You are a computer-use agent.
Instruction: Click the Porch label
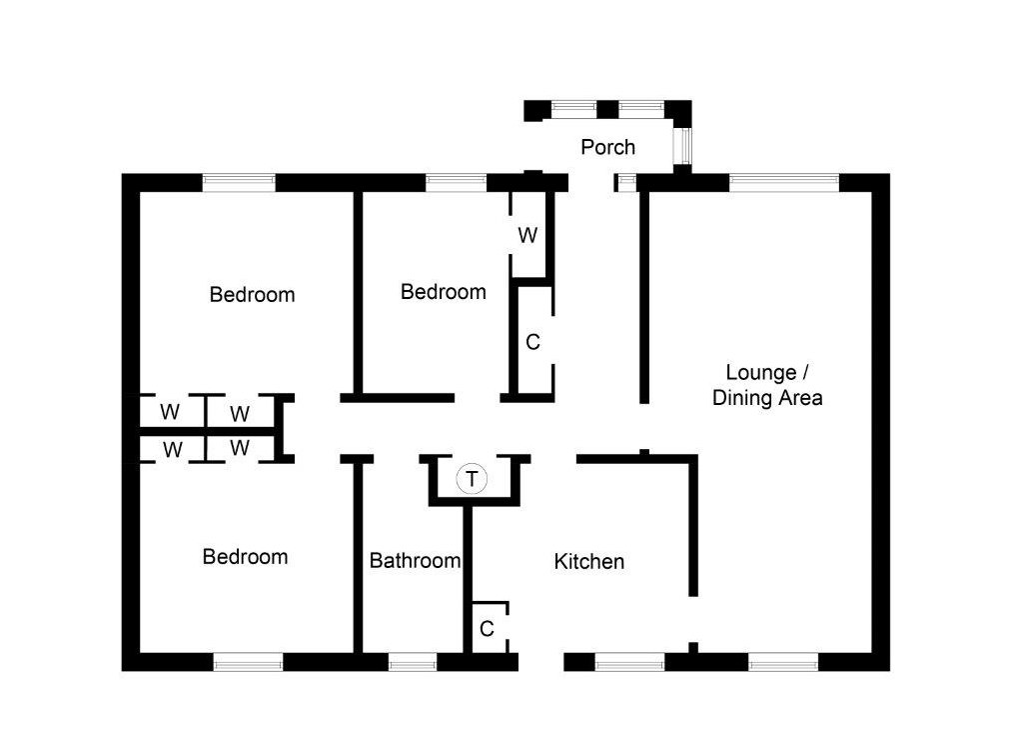click(x=607, y=147)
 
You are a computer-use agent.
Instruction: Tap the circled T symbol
click(x=472, y=480)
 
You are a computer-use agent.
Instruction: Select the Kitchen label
click(x=589, y=562)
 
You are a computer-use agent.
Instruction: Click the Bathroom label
click(x=415, y=561)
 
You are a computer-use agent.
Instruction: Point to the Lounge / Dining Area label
click(x=767, y=385)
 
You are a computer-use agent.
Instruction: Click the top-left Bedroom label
click(x=252, y=294)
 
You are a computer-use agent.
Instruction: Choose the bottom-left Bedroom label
click(x=245, y=557)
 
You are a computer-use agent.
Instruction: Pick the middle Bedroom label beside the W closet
click(x=443, y=292)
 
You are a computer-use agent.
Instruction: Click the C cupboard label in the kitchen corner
click(x=487, y=629)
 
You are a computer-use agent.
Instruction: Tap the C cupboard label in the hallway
click(x=532, y=342)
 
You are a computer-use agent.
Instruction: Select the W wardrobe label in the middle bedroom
click(x=527, y=236)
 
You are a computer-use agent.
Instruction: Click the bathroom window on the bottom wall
click(x=412, y=661)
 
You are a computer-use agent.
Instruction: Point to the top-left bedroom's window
click(x=239, y=182)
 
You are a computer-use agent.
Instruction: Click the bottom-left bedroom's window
click(x=248, y=661)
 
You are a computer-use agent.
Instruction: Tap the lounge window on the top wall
click(x=783, y=182)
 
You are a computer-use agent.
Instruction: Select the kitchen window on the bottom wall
click(x=629, y=661)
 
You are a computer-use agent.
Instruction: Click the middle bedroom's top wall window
click(x=456, y=182)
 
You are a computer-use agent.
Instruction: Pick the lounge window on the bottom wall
click(x=783, y=661)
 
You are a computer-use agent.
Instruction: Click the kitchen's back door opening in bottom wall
click(x=540, y=661)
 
